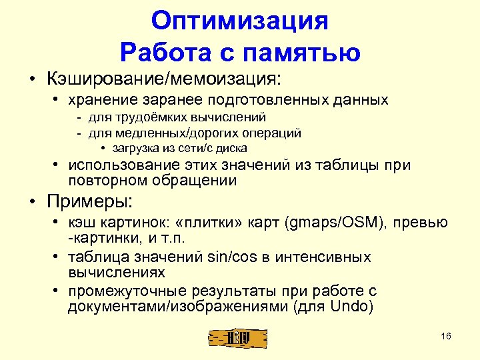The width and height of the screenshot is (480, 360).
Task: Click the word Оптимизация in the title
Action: click(x=240, y=21)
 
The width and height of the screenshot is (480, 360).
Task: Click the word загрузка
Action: click(x=135, y=147)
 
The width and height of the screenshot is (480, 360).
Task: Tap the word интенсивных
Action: click(x=314, y=257)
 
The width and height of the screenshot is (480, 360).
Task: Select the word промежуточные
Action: click(x=123, y=291)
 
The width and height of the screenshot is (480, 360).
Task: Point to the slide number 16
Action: click(x=446, y=335)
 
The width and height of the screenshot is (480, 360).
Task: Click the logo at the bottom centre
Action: click(x=238, y=338)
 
